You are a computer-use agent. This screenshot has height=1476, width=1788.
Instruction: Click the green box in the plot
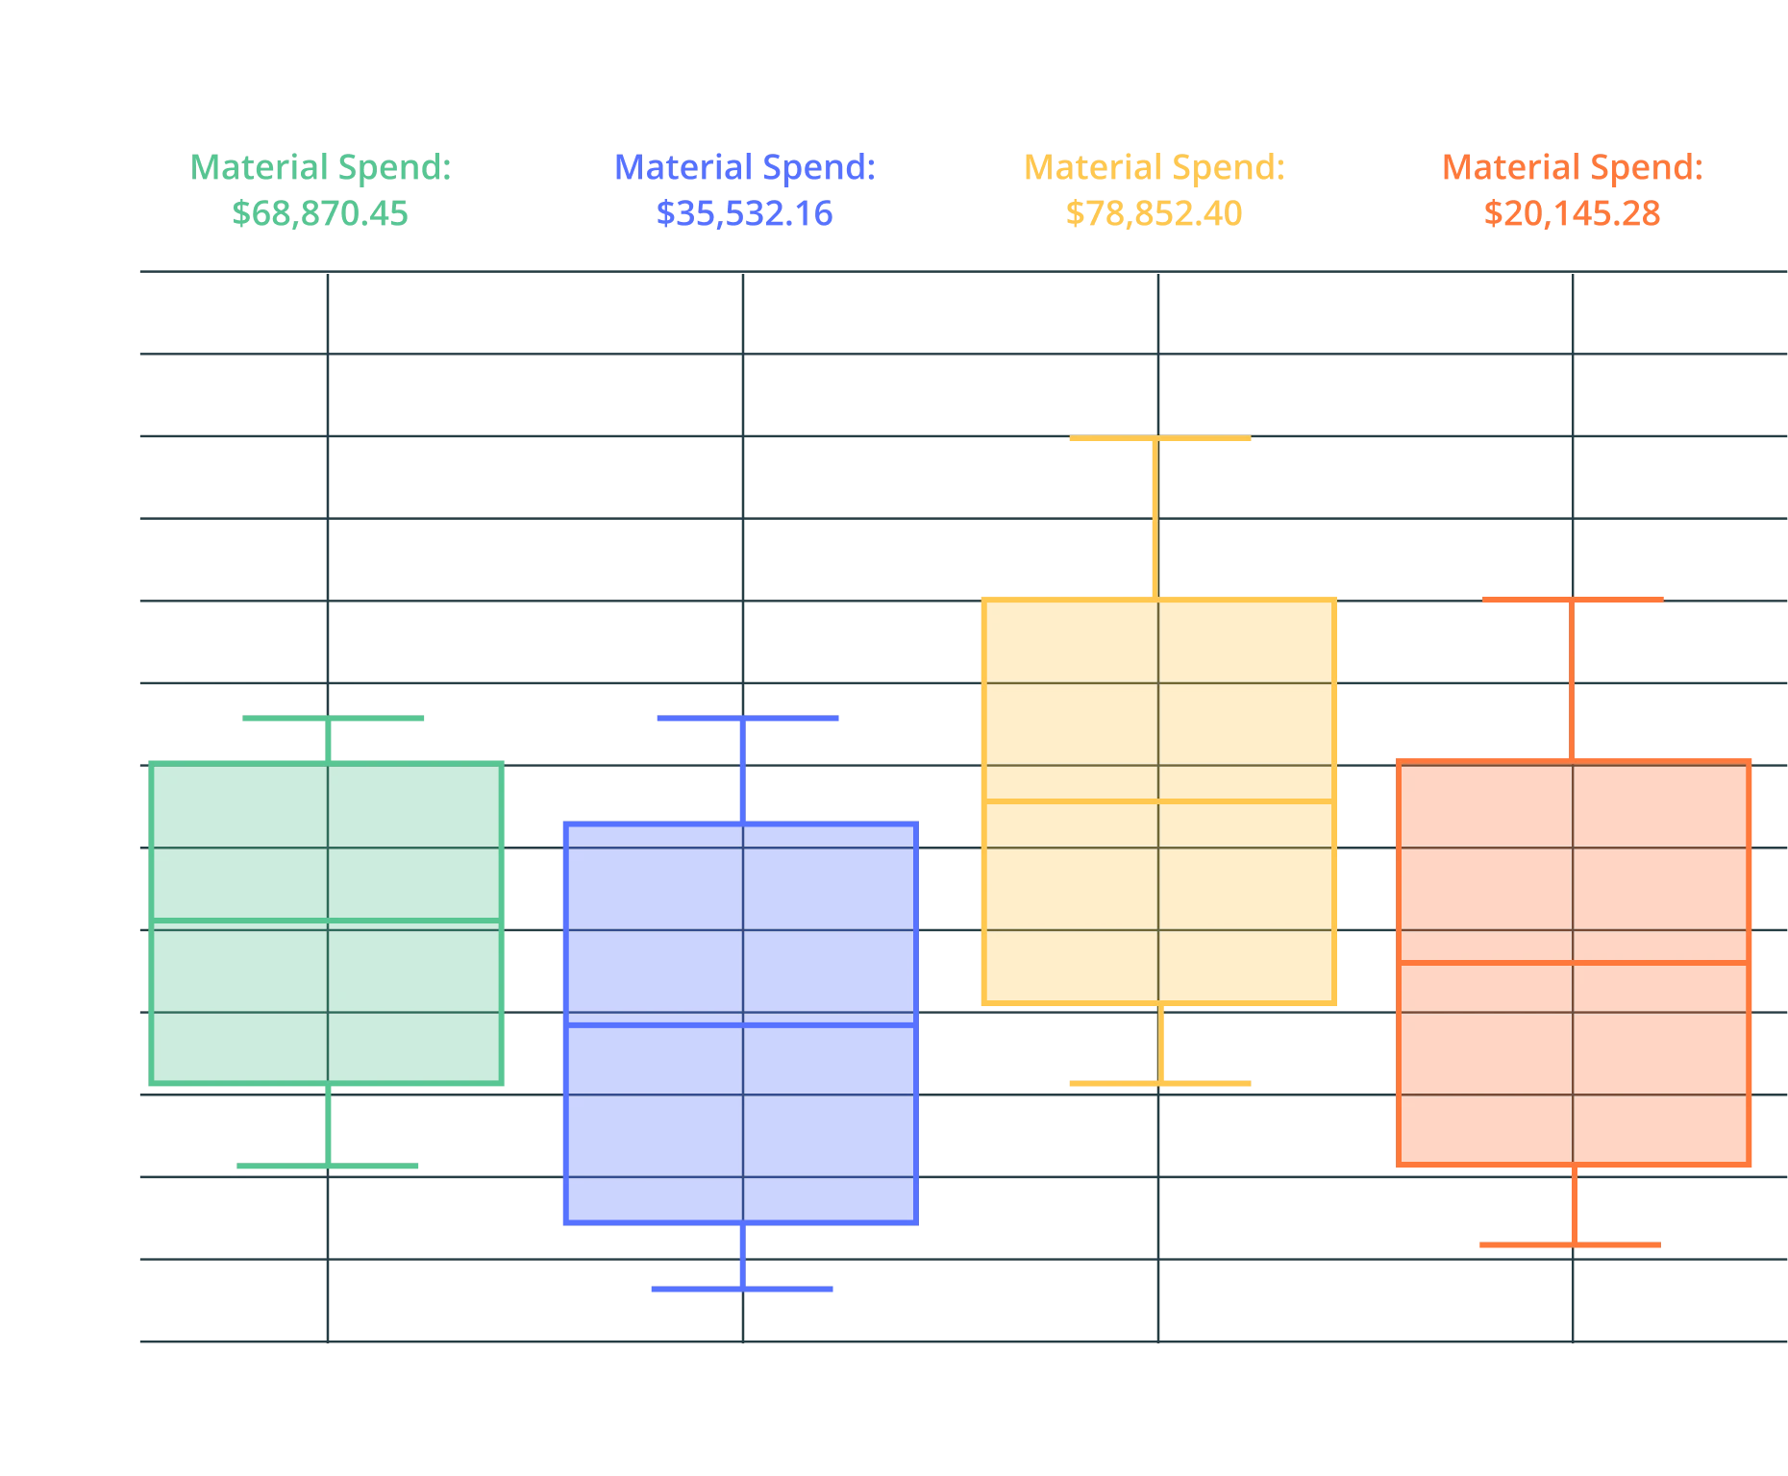click(327, 922)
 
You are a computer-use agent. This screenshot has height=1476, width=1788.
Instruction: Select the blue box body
click(741, 1021)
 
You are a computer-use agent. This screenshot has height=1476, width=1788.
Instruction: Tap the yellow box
click(1157, 799)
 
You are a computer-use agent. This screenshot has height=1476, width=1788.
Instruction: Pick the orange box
click(1573, 961)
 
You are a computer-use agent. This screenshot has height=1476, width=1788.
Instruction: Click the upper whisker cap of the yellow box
click(1160, 439)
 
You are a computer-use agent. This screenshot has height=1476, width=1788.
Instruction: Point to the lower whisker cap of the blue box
click(742, 1291)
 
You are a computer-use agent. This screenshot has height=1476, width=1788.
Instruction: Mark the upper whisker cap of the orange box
click(1573, 600)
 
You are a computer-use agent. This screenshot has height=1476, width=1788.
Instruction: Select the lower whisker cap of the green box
click(328, 1167)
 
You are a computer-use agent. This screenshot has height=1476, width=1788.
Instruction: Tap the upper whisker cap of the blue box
click(749, 718)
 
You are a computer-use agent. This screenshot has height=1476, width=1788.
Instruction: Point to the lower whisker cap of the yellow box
click(1161, 1083)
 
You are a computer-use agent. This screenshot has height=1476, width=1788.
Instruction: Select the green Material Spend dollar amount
click(320, 212)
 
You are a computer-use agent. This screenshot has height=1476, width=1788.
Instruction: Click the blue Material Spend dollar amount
click(745, 212)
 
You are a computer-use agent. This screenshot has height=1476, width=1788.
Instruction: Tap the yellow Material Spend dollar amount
click(1154, 212)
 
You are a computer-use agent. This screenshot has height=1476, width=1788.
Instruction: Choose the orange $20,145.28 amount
click(1572, 212)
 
